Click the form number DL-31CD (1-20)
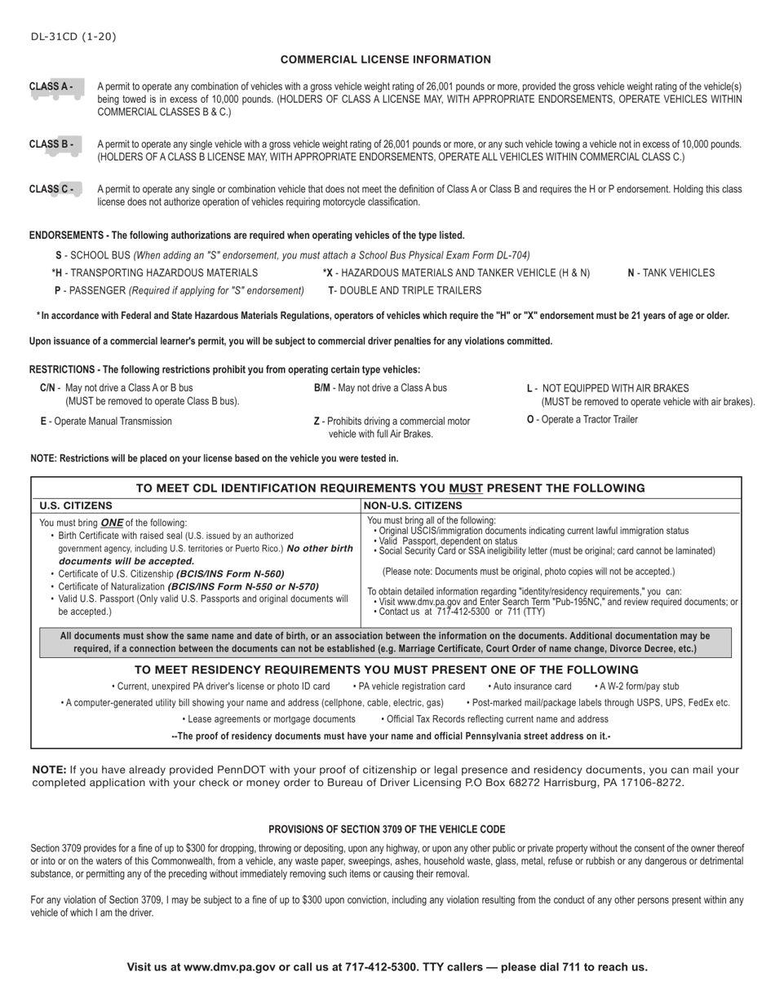[x=73, y=37]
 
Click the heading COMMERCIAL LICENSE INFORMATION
[x=386, y=60]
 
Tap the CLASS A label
[x=51, y=86]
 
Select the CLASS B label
[x=51, y=144]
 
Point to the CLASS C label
[x=51, y=189]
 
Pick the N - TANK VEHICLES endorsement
[x=671, y=273]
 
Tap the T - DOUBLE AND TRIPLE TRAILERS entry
[x=405, y=290]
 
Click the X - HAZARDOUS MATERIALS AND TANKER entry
[x=456, y=273]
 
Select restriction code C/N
[x=47, y=388]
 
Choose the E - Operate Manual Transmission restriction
[x=106, y=422]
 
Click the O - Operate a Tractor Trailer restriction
[x=582, y=420]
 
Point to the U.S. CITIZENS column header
[x=76, y=506]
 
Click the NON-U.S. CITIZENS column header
[x=413, y=506]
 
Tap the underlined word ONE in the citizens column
[x=112, y=523]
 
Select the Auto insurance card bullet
[x=529, y=687]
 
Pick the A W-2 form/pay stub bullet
[x=636, y=687]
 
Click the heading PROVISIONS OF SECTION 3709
[x=387, y=829]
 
